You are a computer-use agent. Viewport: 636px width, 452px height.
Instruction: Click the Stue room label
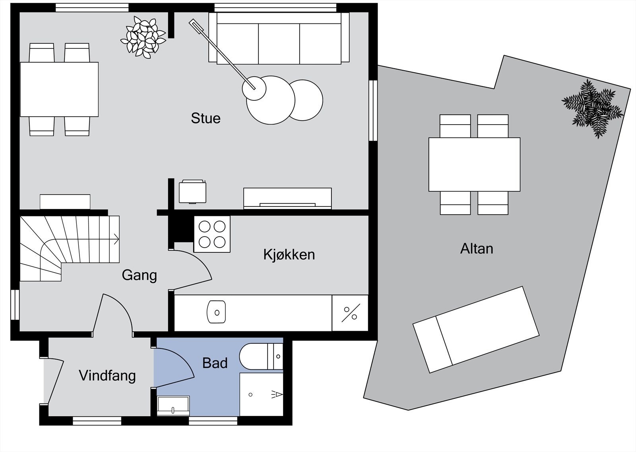click(x=206, y=118)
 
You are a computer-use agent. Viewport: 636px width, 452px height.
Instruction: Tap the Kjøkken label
click(x=289, y=254)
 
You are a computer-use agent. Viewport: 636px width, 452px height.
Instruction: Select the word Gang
click(x=139, y=275)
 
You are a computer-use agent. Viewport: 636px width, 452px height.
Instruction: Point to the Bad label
click(x=215, y=363)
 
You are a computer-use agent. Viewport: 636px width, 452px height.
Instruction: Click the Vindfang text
click(x=107, y=376)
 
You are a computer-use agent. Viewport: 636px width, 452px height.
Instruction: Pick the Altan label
click(x=477, y=248)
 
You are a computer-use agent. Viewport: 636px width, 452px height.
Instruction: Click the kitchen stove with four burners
click(x=212, y=234)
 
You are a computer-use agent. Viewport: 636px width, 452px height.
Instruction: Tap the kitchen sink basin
click(x=216, y=312)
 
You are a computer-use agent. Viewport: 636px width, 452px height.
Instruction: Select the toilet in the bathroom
click(x=261, y=356)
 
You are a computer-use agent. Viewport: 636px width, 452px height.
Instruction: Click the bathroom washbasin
click(x=173, y=406)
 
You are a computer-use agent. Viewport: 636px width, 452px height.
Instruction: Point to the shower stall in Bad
click(x=261, y=394)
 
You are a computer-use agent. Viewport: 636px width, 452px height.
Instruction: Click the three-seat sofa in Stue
click(x=279, y=38)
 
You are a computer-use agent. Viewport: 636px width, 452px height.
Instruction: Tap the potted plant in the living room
click(x=143, y=37)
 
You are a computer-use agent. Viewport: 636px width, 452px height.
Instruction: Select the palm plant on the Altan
click(x=593, y=109)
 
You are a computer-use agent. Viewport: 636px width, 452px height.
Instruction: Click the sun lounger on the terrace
click(x=476, y=330)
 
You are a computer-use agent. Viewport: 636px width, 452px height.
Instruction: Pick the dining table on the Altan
click(x=475, y=164)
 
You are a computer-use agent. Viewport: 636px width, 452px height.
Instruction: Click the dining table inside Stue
click(x=59, y=89)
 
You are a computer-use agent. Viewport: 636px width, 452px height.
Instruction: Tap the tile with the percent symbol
click(x=350, y=313)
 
